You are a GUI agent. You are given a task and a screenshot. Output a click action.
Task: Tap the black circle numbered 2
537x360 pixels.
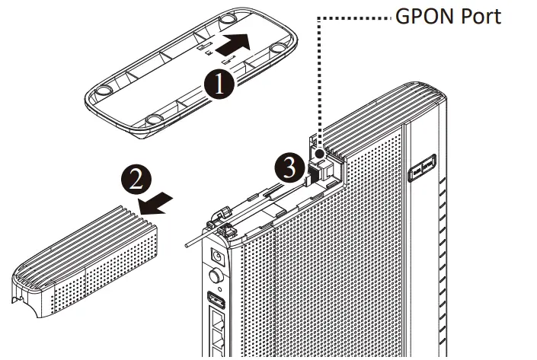(x=136, y=180)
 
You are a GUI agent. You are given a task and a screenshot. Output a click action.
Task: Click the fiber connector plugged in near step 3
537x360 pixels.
(x=316, y=172)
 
